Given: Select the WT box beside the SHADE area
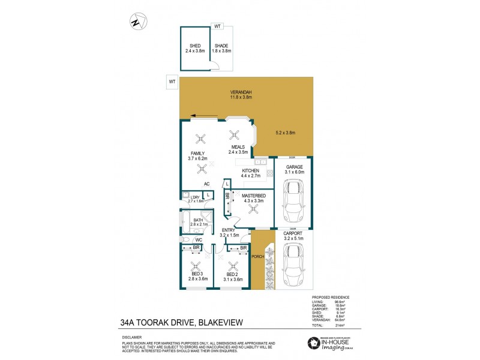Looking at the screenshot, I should point(217,26).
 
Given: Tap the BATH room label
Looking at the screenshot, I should point(197,220).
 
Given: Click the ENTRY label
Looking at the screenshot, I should point(228,230).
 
